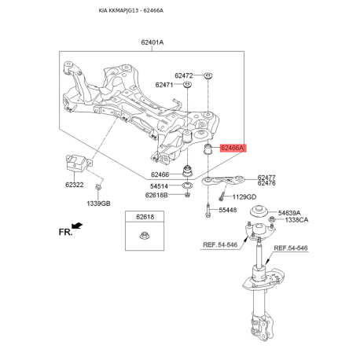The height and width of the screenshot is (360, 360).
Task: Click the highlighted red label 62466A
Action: click(x=233, y=148)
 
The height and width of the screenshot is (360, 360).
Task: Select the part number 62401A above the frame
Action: click(x=152, y=42)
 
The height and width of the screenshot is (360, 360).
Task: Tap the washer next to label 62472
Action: click(x=208, y=75)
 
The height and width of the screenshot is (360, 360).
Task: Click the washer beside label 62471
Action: click(x=187, y=85)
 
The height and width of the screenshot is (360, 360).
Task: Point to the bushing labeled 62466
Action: click(x=187, y=171)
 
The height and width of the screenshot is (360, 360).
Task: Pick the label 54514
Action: click(x=159, y=186)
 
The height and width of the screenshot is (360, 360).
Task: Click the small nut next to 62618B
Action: click(x=187, y=195)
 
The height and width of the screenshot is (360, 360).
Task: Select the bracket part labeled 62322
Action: click(x=77, y=163)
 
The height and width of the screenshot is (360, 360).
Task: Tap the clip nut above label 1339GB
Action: click(x=98, y=187)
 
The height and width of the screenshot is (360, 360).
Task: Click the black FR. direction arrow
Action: click(x=77, y=226)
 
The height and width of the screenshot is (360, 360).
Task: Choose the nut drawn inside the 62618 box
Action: click(x=143, y=235)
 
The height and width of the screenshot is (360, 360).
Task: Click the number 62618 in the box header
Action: click(x=145, y=217)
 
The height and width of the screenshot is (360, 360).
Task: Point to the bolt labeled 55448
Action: click(x=208, y=211)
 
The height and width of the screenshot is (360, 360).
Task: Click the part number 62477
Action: click(x=266, y=178)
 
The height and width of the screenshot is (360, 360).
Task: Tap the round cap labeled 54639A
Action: click(x=259, y=211)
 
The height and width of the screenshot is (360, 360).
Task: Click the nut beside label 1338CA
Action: click(x=272, y=219)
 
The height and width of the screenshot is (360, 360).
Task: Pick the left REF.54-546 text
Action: click(x=220, y=244)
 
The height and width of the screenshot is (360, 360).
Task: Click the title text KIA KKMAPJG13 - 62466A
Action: click(x=131, y=11)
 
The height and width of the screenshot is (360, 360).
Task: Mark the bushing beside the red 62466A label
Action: click(x=208, y=149)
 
